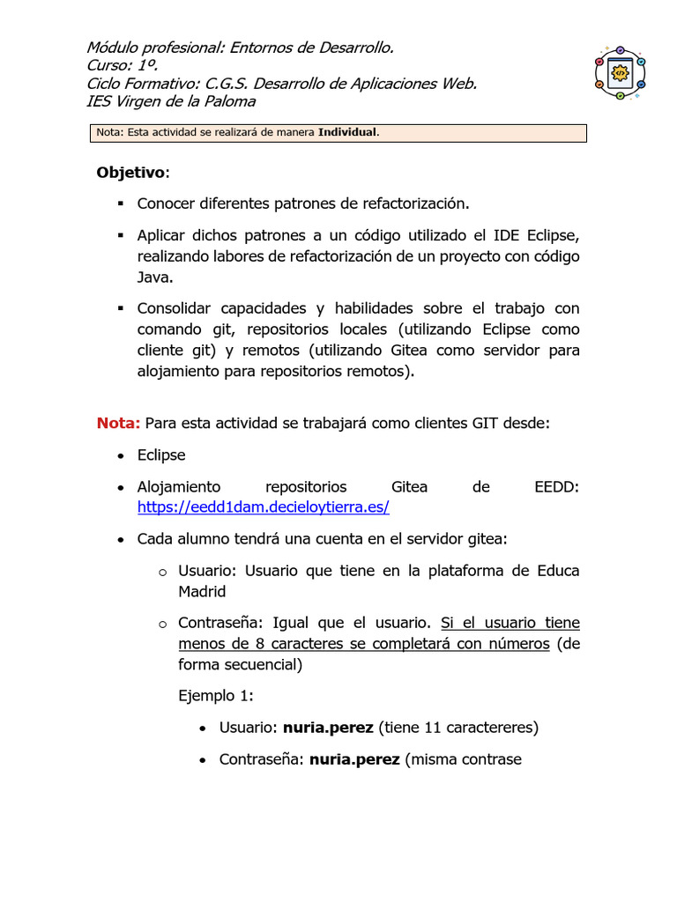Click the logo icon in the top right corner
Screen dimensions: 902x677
pos(620,72)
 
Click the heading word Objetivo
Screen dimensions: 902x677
pos(130,172)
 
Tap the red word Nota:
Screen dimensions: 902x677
pos(118,423)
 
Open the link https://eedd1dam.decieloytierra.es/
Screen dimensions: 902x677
pos(264,508)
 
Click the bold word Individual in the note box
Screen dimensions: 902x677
pos(347,133)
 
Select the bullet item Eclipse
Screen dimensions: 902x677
pos(161,455)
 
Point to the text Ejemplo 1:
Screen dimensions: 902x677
pos(216,696)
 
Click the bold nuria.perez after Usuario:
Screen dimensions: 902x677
pos(328,728)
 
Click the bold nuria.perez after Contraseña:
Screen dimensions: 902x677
pos(354,759)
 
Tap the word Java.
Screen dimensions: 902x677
pos(153,277)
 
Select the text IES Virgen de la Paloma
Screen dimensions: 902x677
pos(171,101)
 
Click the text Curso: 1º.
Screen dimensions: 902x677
pos(123,65)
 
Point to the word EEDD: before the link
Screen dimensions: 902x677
pos(557,487)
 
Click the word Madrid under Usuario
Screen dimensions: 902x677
pos(202,592)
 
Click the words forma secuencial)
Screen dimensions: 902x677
pos(241,665)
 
